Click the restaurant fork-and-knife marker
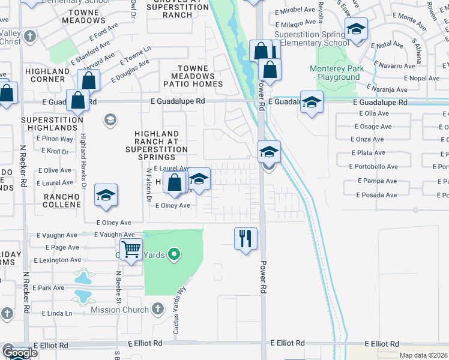(x=246, y=238)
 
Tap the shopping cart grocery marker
(x=131, y=248)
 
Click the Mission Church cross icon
(x=157, y=310)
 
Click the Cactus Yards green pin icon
(x=175, y=254)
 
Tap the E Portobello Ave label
(x=377, y=167)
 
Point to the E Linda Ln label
(x=58, y=313)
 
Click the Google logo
(x=20, y=353)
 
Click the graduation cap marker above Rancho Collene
(x=106, y=195)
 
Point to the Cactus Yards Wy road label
(x=182, y=300)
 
